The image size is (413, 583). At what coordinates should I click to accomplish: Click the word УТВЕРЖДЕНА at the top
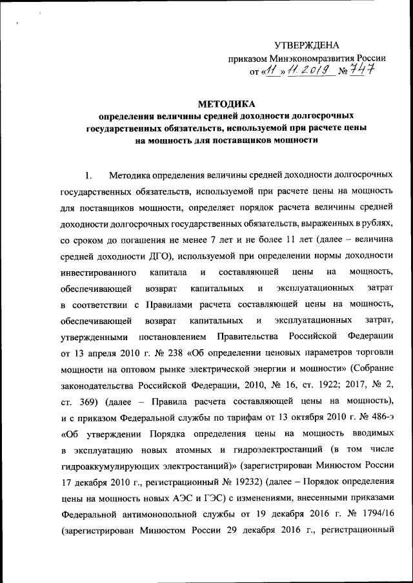(306, 45)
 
